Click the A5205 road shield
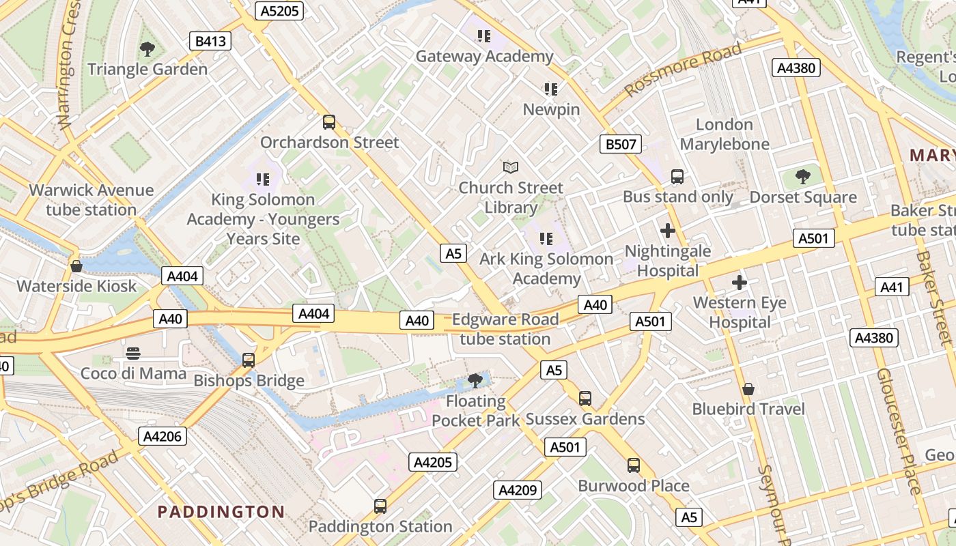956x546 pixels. point(279,10)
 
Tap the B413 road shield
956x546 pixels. point(210,41)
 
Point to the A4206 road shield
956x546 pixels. point(163,436)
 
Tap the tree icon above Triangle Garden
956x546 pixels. point(147,49)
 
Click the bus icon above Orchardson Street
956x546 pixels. point(329,122)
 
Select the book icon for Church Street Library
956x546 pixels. point(511,167)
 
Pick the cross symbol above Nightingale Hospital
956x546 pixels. point(668,231)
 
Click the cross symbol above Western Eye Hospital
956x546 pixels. point(740,283)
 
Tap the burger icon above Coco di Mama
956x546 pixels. point(133,354)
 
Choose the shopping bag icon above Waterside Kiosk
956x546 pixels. point(76,266)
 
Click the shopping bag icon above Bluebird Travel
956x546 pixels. point(748,389)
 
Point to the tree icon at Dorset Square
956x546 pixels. point(803,177)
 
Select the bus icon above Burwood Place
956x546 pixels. point(634,465)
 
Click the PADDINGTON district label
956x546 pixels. point(221,512)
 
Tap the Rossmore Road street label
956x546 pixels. point(683,70)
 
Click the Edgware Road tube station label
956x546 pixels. point(505,329)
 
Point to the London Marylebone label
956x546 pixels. point(725,134)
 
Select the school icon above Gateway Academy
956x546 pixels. point(484,36)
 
